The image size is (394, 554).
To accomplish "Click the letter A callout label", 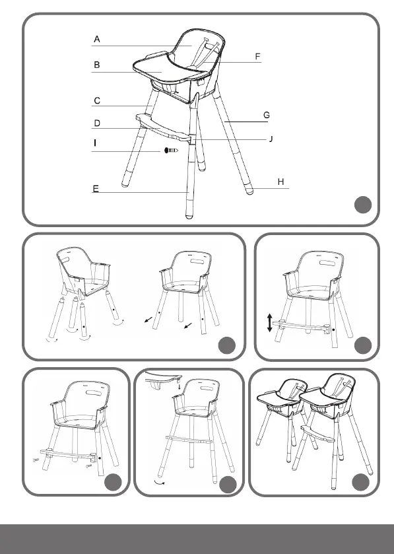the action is click(97, 39).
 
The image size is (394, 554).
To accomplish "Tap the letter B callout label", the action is click(97, 65).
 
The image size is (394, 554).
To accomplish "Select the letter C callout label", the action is click(97, 101).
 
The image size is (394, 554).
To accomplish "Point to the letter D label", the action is click(97, 123).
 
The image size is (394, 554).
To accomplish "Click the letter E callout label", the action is click(96, 189).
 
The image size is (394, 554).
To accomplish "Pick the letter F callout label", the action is click(258, 57).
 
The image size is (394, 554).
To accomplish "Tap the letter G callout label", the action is click(267, 115).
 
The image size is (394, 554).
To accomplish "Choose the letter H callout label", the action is click(280, 182).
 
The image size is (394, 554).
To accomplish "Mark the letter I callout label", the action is click(95, 143).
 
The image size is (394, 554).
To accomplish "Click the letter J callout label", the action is click(271, 139).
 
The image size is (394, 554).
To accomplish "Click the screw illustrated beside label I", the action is click(171, 151).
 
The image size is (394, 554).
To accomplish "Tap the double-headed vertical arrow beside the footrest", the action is click(270, 323).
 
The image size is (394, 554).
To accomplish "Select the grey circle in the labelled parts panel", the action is click(363, 205).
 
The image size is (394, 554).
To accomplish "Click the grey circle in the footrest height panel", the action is click(363, 345).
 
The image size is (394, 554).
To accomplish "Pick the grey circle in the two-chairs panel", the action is click(360, 482).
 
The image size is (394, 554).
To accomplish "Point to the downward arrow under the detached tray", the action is click(180, 387).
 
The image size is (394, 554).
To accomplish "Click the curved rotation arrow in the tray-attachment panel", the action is click(160, 483).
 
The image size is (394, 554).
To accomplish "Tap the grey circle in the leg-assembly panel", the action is click(227, 345).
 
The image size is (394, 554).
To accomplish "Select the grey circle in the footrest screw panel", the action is click(113, 482).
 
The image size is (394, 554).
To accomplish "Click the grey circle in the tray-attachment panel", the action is click(228, 485).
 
